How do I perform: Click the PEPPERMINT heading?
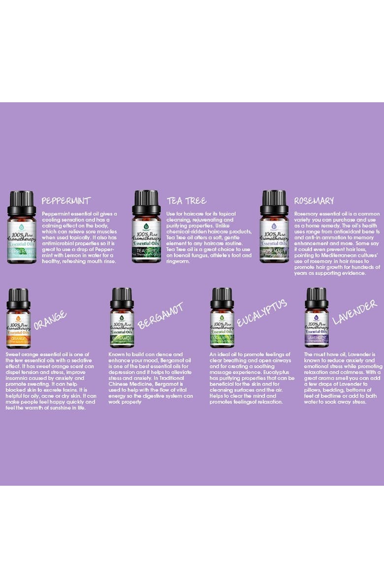click(66, 201)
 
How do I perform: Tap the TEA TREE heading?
click(186, 201)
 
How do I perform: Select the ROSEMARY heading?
click(314, 201)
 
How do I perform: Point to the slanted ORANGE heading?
click(50, 320)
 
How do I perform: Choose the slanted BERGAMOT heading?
click(160, 316)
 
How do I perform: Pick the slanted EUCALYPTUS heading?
click(261, 313)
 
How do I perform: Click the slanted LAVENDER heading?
click(354, 312)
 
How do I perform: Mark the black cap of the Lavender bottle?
click(316, 298)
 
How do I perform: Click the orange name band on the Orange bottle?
click(18, 339)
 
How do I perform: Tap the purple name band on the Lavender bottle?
click(316, 338)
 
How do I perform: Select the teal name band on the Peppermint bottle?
click(21, 251)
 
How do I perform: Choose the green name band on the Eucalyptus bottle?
click(222, 338)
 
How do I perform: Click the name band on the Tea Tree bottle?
click(146, 251)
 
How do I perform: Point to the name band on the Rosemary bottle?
click(274, 251)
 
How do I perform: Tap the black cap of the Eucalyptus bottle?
click(222, 298)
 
